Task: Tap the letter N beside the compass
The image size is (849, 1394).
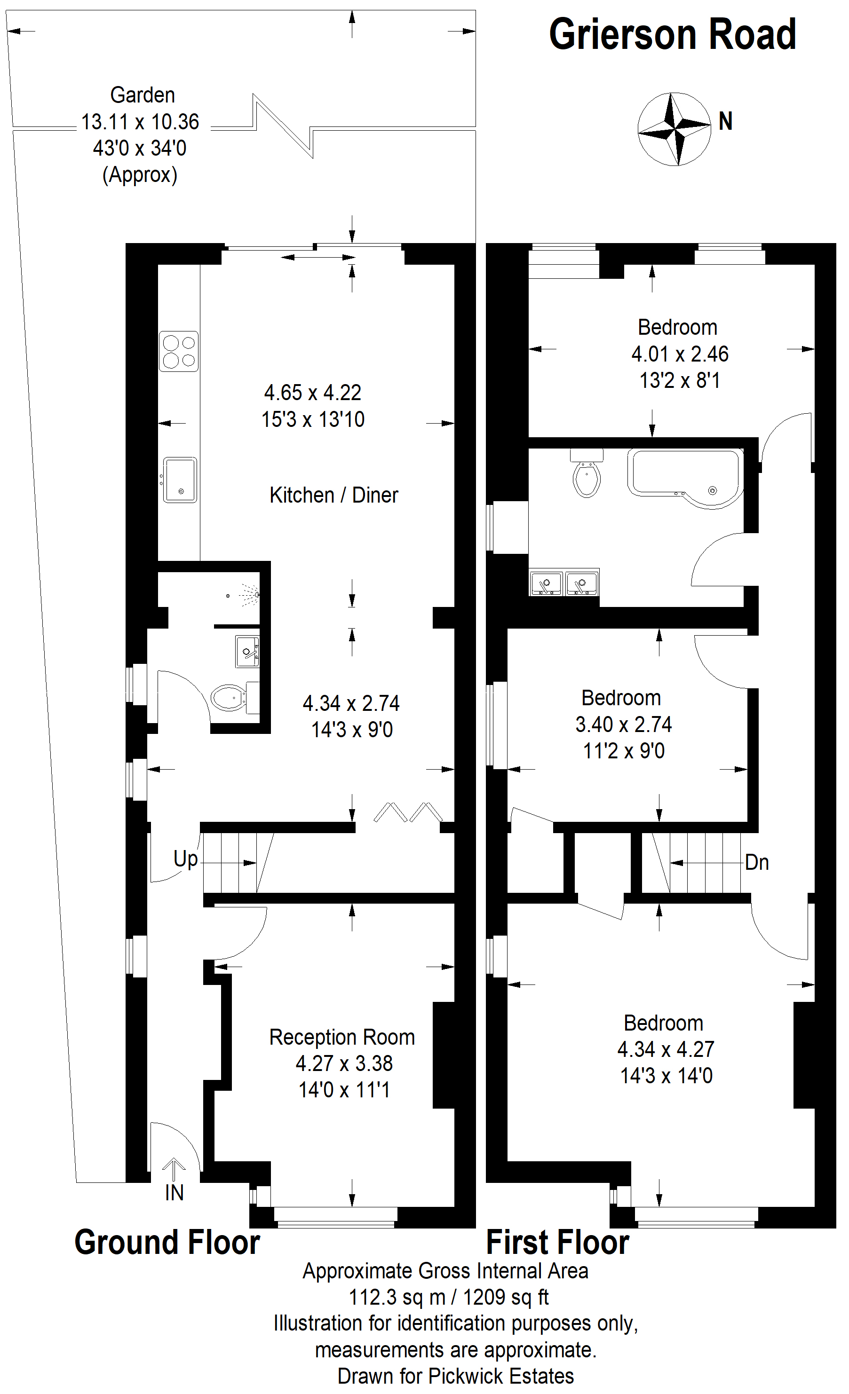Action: pyautogui.click(x=726, y=121)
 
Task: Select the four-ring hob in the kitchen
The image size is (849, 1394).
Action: pyautogui.click(x=179, y=351)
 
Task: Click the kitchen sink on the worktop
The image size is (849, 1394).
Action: pyautogui.click(x=180, y=480)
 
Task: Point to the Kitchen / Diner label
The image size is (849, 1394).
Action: pyautogui.click(x=334, y=495)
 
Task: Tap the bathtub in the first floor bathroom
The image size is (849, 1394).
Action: pyautogui.click(x=685, y=479)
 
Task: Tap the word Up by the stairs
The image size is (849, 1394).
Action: pyautogui.click(x=186, y=859)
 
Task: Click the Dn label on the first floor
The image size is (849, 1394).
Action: pyautogui.click(x=757, y=862)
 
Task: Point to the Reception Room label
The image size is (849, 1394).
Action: pyautogui.click(x=342, y=1037)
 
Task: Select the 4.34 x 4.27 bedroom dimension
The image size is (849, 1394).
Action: pyautogui.click(x=666, y=1049)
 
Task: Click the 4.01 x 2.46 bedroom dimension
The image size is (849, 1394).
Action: pyautogui.click(x=680, y=354)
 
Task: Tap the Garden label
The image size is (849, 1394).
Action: pyautogui.click(x=143, y=95)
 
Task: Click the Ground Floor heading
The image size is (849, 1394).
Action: pyautogui.click(x=167, y=1243)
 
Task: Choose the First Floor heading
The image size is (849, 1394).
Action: pyautogui.click(x=557, y=1243)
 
